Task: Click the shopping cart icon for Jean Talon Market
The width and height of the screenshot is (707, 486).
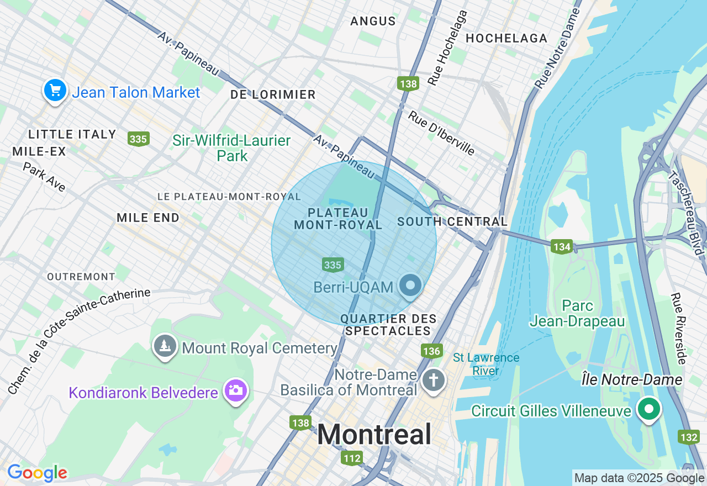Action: [55, 90]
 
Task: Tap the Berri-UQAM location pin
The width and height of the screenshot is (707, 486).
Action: [410, 286]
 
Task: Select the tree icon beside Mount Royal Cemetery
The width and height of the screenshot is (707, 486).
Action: [165, 346]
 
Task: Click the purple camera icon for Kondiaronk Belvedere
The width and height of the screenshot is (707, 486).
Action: [236, 390]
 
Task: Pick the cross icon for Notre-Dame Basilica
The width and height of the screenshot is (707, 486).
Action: [434, 381]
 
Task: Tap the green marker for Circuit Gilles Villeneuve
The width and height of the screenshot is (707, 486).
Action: [649, 409]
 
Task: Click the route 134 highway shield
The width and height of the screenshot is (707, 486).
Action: [562, 246]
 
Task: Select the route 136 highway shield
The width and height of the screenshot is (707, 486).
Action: [431, 351]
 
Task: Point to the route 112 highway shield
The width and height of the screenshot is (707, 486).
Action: [352, 458]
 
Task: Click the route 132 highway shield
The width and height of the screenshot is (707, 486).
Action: [689, 437]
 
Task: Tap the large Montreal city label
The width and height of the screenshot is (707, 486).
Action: [374, 434]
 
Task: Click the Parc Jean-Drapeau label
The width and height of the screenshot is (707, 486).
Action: [577, 313]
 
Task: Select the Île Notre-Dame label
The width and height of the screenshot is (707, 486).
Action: [632, 379]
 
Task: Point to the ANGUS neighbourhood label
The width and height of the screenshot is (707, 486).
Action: [373, 22]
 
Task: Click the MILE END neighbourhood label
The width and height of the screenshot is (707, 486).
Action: [148, 218]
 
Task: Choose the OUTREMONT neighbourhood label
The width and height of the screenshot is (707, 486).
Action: [81, 276]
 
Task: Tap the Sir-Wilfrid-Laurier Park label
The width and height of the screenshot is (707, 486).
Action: [231, 148]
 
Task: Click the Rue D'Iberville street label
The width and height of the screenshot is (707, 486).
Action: [441, 133]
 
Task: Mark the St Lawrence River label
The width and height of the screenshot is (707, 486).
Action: [486, 364]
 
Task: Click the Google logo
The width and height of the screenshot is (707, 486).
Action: [37, 473]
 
